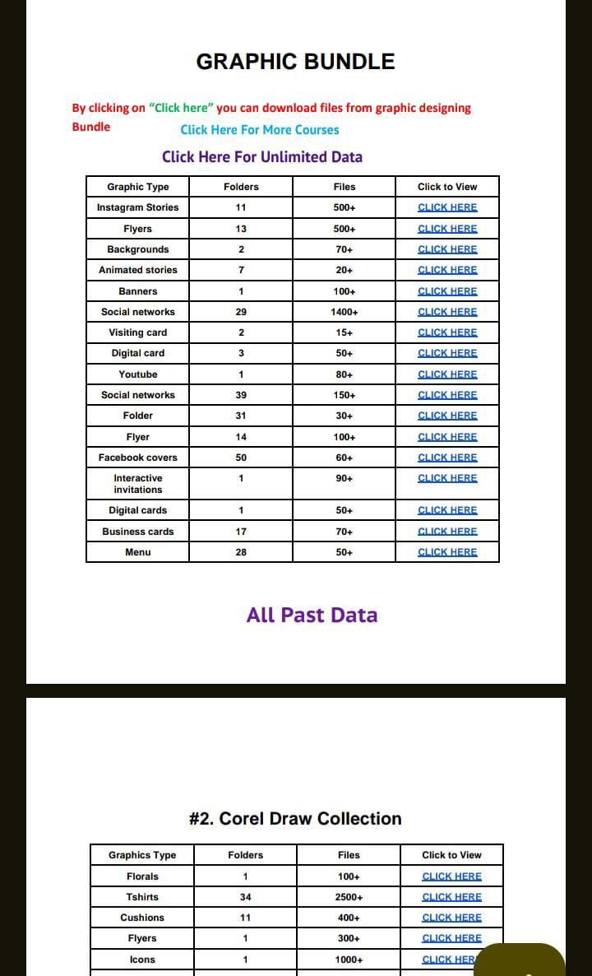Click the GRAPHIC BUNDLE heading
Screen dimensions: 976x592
pos(295,62)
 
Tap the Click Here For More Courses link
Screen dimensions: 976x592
pos(260,129)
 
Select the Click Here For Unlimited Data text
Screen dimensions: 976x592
pos(262,156)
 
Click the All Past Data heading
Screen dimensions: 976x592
pos(312,615)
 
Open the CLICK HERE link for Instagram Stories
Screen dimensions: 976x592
pos(447,207)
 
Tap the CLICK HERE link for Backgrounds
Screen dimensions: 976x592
pos(447,249)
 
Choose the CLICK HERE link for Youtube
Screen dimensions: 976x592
pos(447,374)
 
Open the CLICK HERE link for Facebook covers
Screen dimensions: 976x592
pos(447,458)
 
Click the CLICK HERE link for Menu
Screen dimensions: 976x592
pos(447,552)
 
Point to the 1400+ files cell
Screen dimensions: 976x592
pos(345,312)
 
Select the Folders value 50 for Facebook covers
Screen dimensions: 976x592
pos(241,458)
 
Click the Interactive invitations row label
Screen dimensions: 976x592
pos(138,484)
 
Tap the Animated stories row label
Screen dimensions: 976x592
pos(138,270)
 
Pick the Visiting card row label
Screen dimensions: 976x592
pos(138,332)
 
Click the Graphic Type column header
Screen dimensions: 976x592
pos(138,187)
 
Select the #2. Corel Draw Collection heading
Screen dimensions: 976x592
pos(295,819)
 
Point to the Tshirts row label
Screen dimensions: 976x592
pos(142,897)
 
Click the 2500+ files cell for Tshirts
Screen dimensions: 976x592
pos(349,897)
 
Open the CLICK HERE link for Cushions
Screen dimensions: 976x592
pos(451,918)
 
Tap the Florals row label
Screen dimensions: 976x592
pos(142,876)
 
